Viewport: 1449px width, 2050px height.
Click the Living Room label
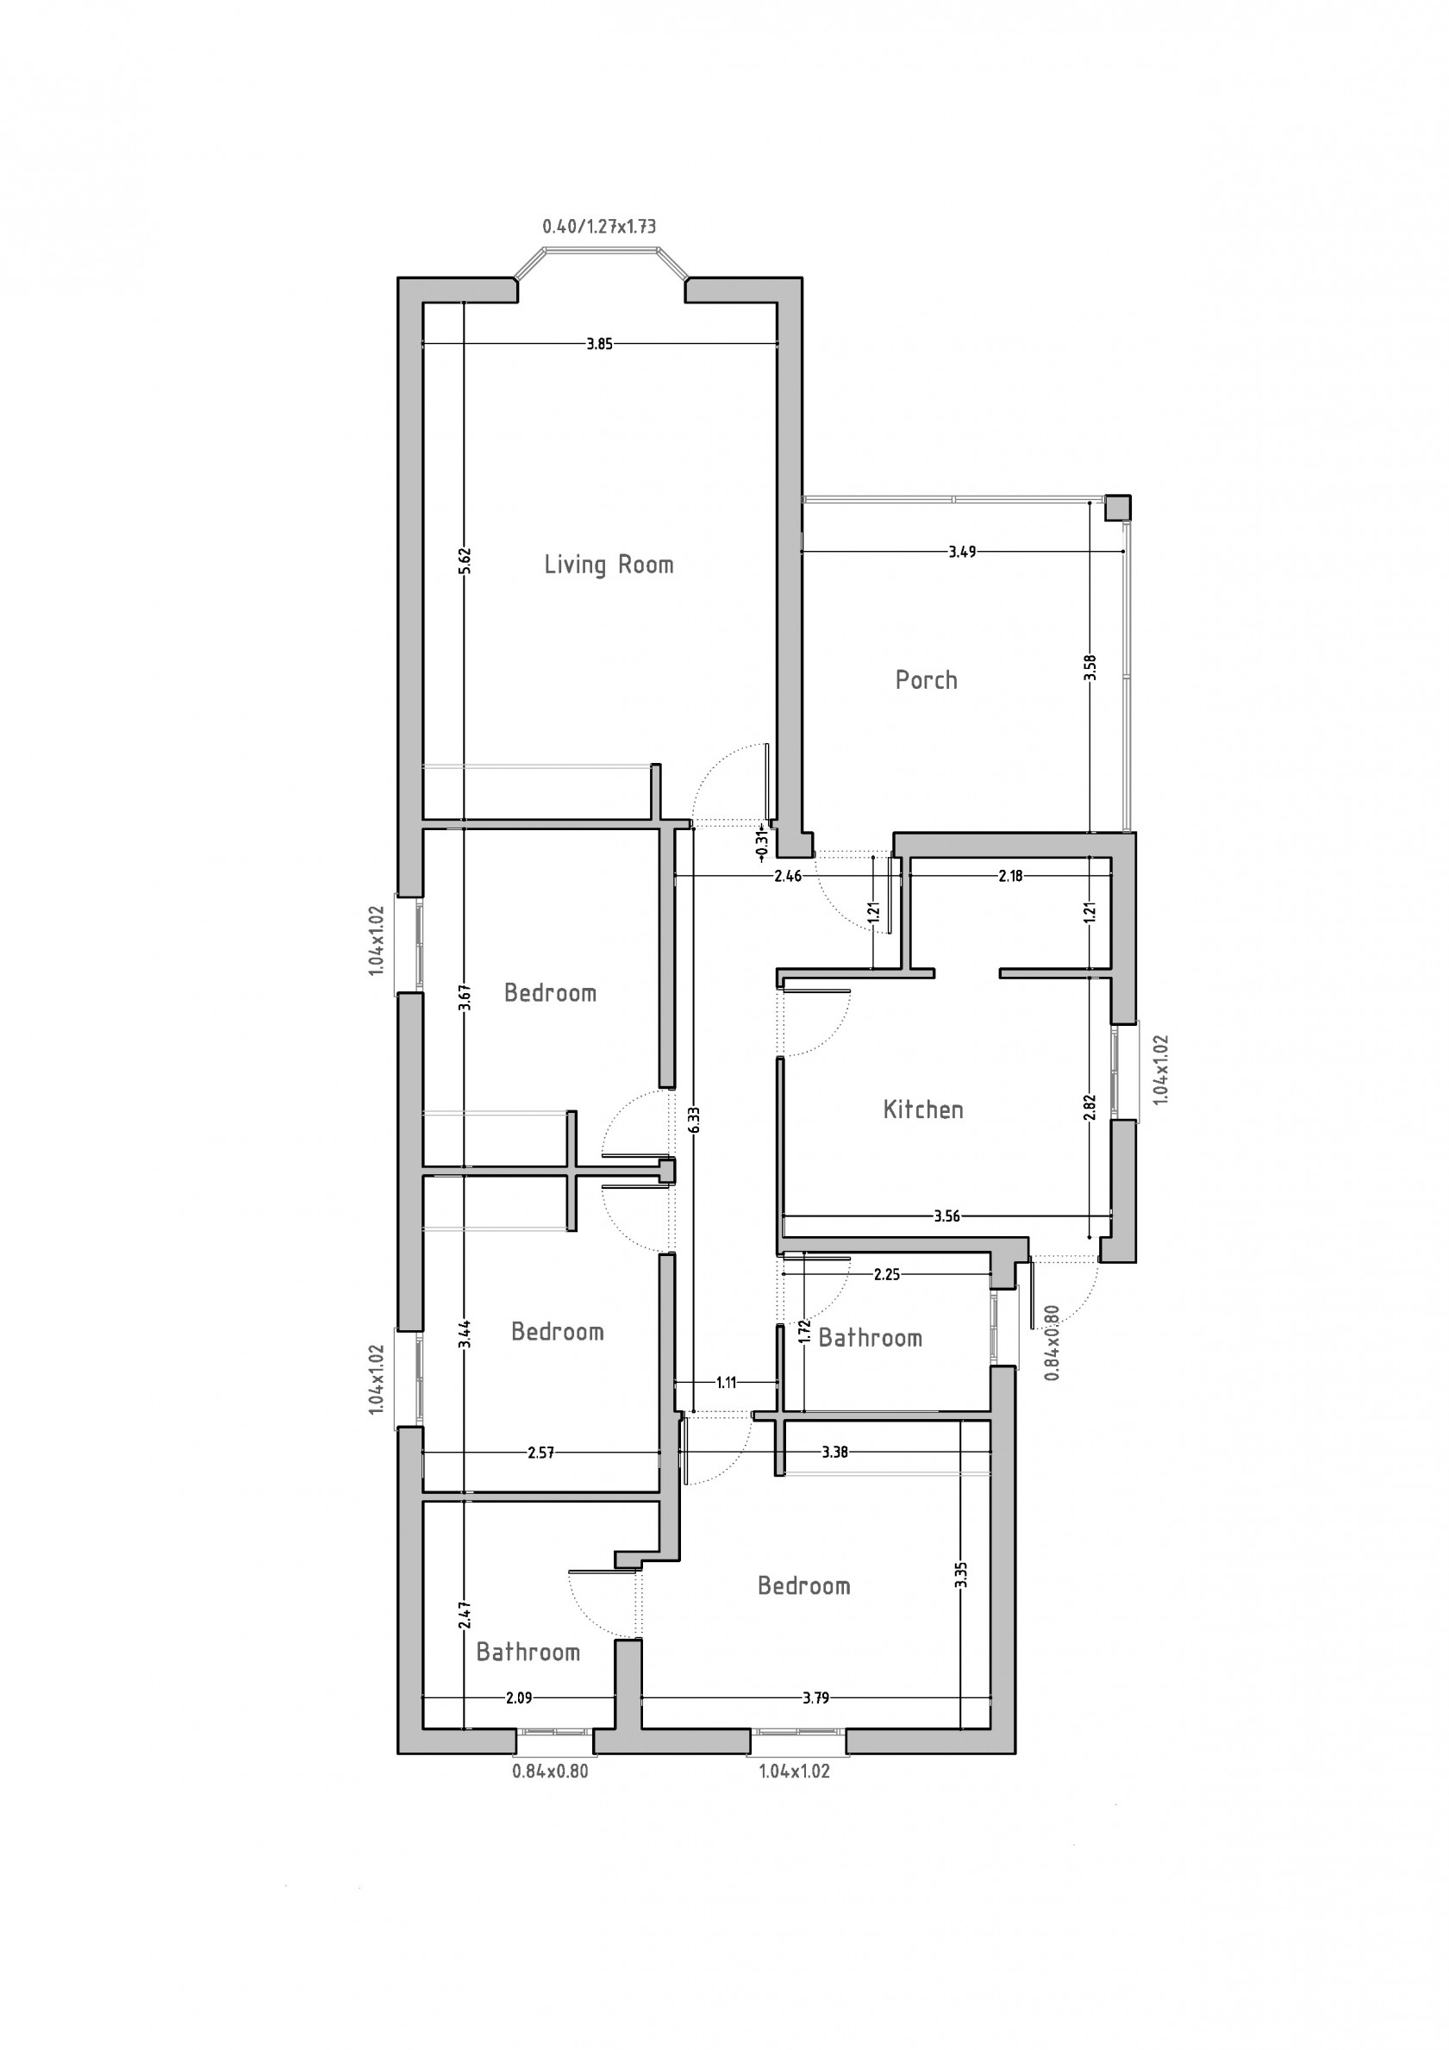pyautogui.click(x=609, y=565)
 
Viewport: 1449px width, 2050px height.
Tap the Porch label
pyautogui.click(x=926, y=680)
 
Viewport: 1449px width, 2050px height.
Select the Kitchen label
pyautogui.click(x=923, y=1109)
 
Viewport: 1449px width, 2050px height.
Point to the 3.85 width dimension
pyautogui.click(x=599, y=344)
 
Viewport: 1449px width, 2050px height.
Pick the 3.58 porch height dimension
pyautogui.click(x=1090, y=668)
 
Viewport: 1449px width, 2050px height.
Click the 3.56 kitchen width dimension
pyautogui.click(x=946, y=1216)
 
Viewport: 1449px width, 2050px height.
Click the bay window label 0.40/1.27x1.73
pyautogui.click(x=599, y=227)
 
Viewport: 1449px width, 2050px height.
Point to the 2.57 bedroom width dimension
pyautogui.click(x=540, y=1453)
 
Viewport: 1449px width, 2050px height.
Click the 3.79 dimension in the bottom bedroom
pyautogui.click(x=815, y=1697)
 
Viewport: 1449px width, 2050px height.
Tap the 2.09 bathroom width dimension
pyautogui.click(x=519, y=1697)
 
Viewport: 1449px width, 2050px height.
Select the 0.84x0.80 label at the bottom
pyautogui.click(x=550, y=1772)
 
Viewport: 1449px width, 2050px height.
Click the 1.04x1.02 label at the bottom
pyautogui.click(x=794, y=1772)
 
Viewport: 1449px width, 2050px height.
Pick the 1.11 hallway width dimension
pyautogui.click(x=726, y=1383)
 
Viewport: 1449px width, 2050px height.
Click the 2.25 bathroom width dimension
pyautogui.click(x=886, y=1275)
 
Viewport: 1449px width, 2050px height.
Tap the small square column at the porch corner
pyautogui.click(x=1118, y=508)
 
